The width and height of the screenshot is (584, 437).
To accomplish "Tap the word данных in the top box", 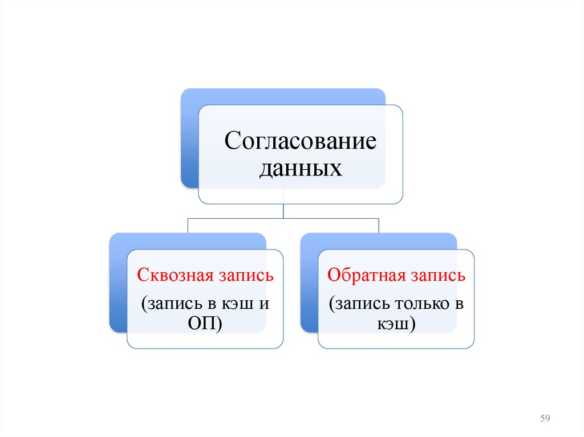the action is [x=301, y=169].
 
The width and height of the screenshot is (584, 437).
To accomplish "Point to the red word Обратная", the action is [x=365, y=276].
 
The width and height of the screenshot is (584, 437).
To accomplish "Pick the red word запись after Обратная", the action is [x=437, y=277].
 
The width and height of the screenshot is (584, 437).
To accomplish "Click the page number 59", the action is [x=544, y=419].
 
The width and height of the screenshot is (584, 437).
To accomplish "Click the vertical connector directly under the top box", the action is [x=283, y=210].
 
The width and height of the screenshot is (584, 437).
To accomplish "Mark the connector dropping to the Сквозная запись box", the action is [x=188, y=225].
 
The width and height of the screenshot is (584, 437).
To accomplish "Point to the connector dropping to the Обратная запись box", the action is [x=379, y=225].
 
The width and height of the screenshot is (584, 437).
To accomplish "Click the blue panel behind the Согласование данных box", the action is [x=189, y=142].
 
